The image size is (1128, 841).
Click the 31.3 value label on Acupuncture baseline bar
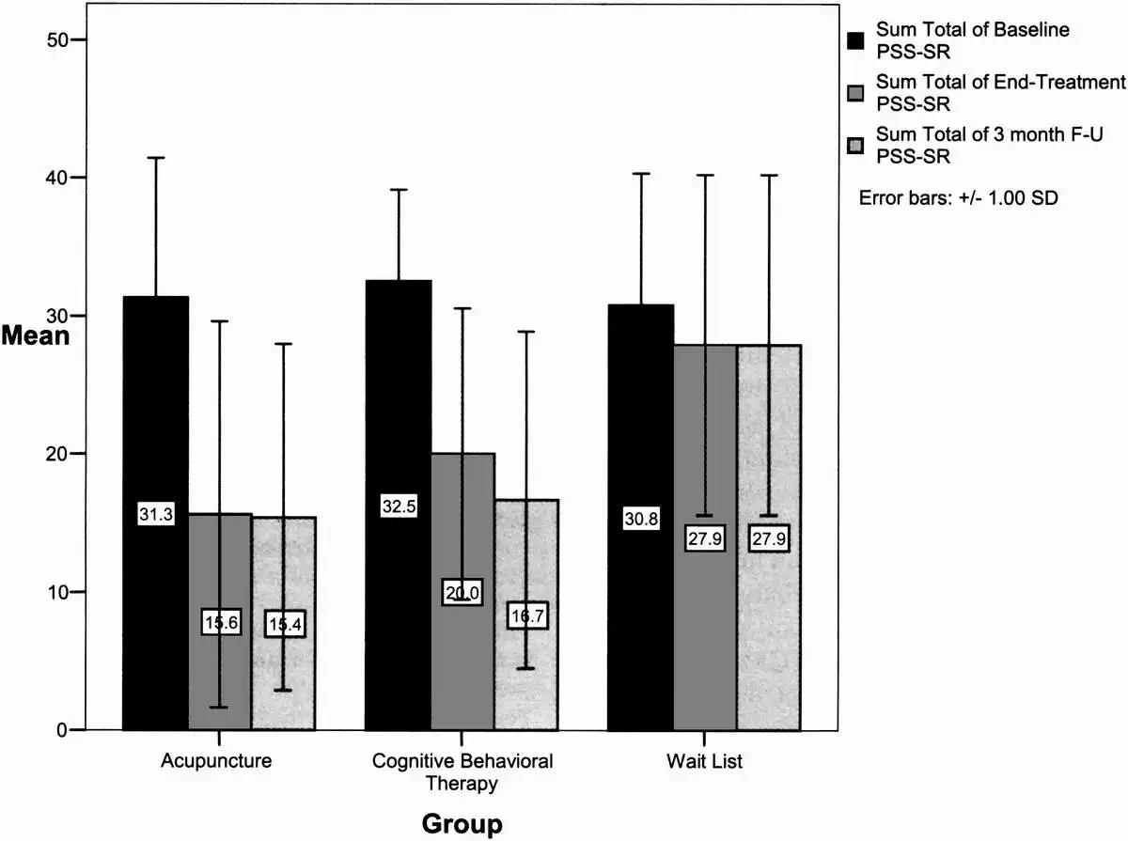(x=156, y=514)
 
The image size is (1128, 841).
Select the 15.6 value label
(x=220, y=623)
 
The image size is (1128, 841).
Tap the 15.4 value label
(x=285, y=624)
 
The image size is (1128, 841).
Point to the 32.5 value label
(x=399, y=506)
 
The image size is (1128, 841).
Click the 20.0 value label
(x=462, y=592)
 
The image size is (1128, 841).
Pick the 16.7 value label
(x=526, y=616)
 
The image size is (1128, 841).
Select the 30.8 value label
(x=641, y=518)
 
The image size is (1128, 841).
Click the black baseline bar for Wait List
(x=641, y=423)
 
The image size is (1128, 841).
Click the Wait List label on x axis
(x=704, y=761)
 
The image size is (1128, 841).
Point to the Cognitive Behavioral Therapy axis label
(x=462, y=771)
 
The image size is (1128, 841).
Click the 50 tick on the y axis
(x=48, y=39)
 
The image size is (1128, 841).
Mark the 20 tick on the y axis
(x=48, y=454)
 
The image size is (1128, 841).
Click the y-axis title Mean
(x=35, y=335)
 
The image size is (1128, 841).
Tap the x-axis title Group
(x=462, y=824)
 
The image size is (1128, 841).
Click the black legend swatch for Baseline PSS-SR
(x=855, y=40)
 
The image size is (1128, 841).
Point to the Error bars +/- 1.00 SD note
(x=959, y=199)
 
